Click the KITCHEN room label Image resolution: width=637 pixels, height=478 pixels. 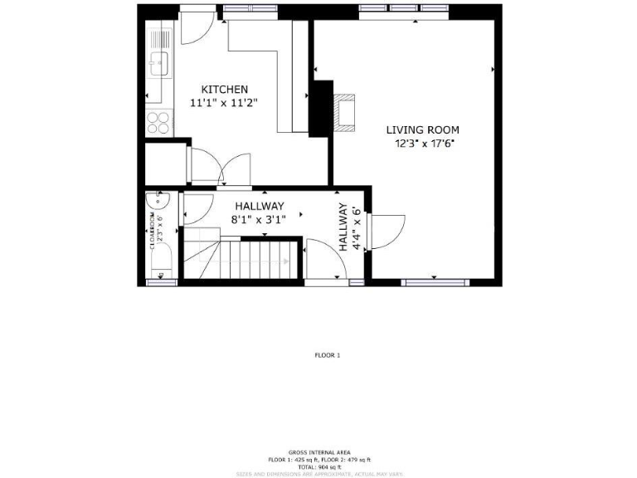(x=225, y=90)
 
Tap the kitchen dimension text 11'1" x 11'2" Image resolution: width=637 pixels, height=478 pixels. (x=225, y=103)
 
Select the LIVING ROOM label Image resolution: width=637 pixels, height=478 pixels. (x=422, y=130)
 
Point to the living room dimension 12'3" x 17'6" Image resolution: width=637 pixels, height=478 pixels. (x=425, y=144)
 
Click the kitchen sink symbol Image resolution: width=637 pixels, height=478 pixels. (x=158, y=61)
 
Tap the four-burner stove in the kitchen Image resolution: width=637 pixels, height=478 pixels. (x=158, y=122)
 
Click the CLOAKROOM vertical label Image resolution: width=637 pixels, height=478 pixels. (x=153, y=231)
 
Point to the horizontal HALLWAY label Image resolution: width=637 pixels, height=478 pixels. (x=259, y=207)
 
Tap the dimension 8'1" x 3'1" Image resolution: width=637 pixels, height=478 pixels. (x=258, y=220)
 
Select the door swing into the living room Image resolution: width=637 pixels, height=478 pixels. (x=387, y=232)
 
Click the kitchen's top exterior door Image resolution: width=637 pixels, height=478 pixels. (x=198, y=26)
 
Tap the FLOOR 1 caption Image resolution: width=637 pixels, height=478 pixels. (x=327, y=355)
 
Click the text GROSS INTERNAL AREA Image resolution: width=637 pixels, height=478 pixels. (x=318, y=453)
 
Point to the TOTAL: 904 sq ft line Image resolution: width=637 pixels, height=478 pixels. (x=318, y=466)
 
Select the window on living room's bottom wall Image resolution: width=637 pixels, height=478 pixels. (x=435, y=283)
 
